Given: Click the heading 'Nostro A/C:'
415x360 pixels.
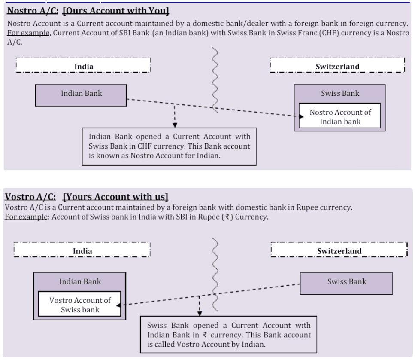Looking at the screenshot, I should click(x=32, y=9).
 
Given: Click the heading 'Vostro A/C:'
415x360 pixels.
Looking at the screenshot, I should click(x=30, y=197).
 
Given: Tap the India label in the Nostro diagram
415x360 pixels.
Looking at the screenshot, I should click(x=84, y=67).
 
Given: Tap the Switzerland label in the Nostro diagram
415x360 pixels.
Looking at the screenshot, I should click(x=337, y=67).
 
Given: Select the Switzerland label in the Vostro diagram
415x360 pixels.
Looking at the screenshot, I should click(x=339, y=251).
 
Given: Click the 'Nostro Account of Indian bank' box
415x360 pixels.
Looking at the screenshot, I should click(x=340, y=116).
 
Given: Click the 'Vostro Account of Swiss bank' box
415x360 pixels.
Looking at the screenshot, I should click(x=79, y=305).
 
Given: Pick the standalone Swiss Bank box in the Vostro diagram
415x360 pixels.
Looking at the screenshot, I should click(x=346, y=282).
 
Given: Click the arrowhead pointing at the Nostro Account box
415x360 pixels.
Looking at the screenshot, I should click(x=296, y=116).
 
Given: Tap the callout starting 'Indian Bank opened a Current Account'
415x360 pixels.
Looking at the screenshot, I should click(x=169, y=146).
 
